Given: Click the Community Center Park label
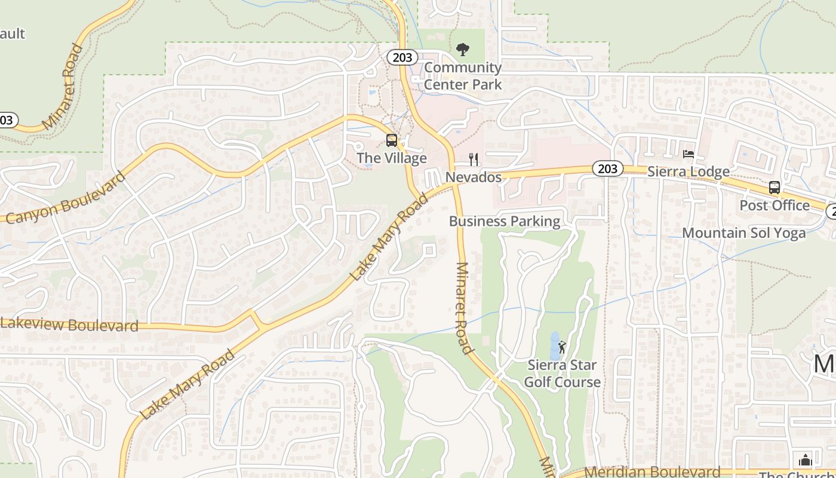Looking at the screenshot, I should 463,76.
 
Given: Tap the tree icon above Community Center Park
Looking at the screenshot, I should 463,50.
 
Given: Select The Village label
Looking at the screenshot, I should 392,158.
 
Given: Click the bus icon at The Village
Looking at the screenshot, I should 392,140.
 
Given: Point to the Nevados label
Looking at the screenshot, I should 474,177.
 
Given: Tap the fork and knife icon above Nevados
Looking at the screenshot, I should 474,160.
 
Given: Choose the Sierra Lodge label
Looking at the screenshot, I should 689,171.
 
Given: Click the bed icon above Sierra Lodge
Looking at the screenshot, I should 689,154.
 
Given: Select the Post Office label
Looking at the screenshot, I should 774,205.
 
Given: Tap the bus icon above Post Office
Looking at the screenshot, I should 774,188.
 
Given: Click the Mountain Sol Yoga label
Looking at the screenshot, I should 744,232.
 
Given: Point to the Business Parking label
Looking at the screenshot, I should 505,221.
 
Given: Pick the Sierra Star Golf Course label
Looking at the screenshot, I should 562,373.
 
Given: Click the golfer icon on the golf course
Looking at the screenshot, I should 561,347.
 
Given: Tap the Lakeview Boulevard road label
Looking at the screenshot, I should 70,325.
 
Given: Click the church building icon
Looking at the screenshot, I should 805,460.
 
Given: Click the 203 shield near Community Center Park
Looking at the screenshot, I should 402,57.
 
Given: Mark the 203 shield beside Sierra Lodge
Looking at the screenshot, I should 607,169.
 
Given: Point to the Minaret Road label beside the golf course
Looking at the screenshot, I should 464,308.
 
